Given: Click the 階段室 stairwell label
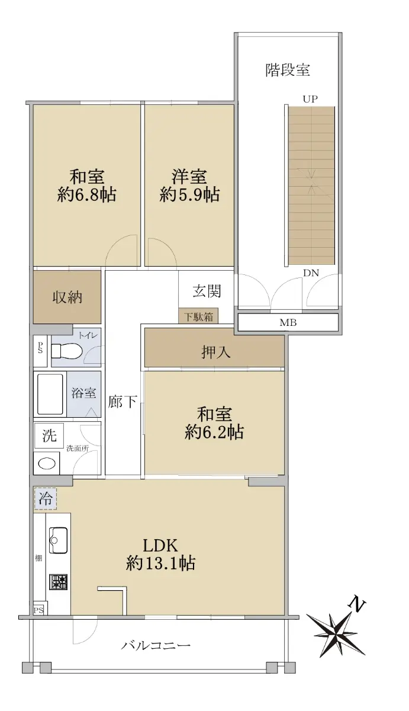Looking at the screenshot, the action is [288, 70].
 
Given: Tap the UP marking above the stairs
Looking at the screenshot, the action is [310, 99].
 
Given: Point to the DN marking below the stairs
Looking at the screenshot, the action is [311, 273].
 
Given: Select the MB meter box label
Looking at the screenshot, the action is [288, 323].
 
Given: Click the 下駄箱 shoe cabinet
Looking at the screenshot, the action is [198, 316].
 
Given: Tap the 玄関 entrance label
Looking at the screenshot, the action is [207, 291].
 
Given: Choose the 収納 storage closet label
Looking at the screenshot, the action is [67, 297].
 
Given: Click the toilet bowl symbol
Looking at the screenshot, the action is [66, 351].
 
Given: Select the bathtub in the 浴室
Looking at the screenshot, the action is [50, 393].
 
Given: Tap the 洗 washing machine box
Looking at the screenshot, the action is [49, 435].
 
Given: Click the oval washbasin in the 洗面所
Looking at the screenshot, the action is [47, 464].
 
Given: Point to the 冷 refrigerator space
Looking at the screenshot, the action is [46, 499].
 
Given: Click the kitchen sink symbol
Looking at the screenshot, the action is [59, 540].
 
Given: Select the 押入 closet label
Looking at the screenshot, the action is [215, 352].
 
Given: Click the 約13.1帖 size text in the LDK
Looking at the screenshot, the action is [160, 563].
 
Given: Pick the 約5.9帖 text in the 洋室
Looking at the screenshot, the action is [189, 194].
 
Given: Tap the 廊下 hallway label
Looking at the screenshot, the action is [123, 402].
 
